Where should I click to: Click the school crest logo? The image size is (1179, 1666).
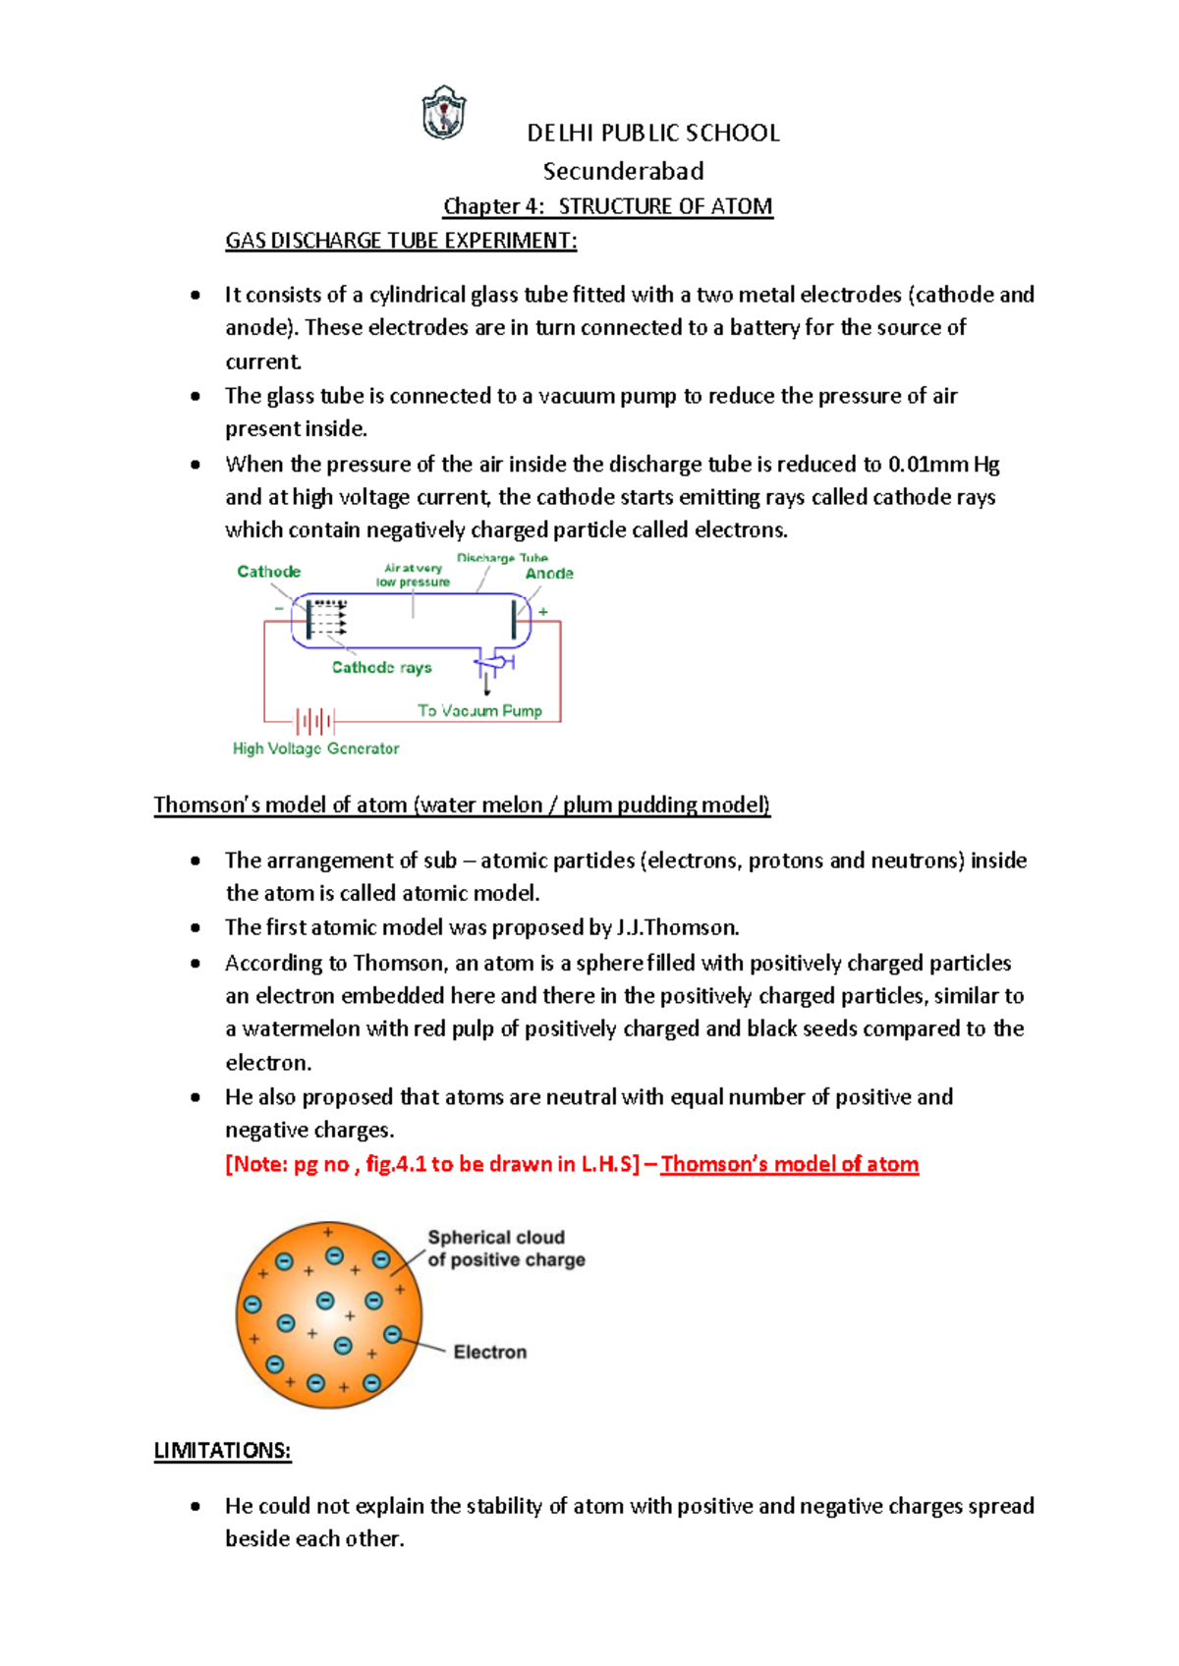click(443, 113)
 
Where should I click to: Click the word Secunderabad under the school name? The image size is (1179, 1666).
click(623, 171)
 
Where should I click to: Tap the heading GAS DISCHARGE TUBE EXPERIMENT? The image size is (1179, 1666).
click(401, 241)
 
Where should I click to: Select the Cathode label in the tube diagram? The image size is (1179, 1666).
click(268, 572)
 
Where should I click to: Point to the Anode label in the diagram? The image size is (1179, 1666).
click(549, 574)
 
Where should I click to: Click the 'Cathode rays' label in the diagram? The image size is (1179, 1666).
click(381, 668)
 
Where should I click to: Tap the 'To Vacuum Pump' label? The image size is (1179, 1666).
click(479, 710)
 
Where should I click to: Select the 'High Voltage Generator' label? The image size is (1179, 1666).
click(315, 749)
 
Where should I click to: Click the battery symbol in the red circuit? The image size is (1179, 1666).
click(315, 722)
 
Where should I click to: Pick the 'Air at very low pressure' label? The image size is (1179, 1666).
click(413, 576)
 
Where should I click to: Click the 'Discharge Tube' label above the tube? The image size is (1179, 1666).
click(502, 558)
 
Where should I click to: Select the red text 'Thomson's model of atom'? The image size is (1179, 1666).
click(789, 1164)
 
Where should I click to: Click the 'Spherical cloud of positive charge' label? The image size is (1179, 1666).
click(505, 1249)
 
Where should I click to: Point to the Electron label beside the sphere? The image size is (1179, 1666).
click(489, 1353)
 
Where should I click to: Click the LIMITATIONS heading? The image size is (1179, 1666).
click(222, 1451)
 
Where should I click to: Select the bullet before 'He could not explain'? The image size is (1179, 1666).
click(196, 1506)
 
